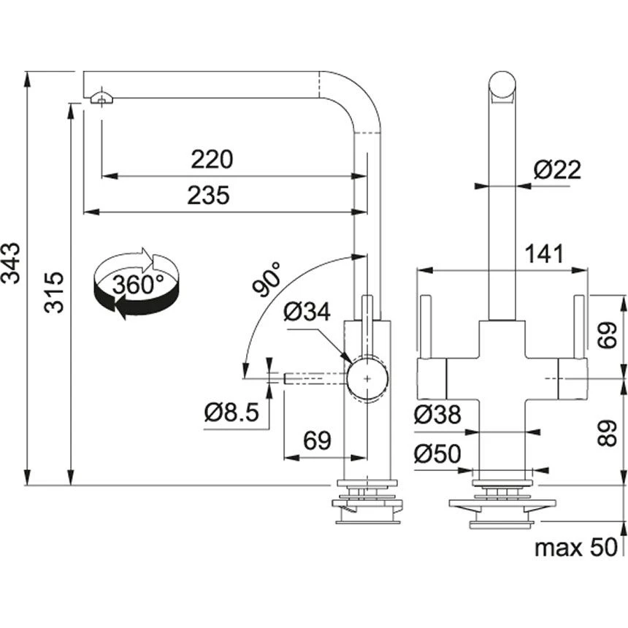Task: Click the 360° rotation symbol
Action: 137,284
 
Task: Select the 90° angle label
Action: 268,278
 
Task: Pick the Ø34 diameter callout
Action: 307,313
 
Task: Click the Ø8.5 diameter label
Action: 231,413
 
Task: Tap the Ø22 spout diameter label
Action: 556,170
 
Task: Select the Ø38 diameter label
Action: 437,415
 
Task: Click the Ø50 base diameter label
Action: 437,454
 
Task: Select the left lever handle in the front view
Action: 426,326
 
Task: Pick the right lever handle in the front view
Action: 581,326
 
